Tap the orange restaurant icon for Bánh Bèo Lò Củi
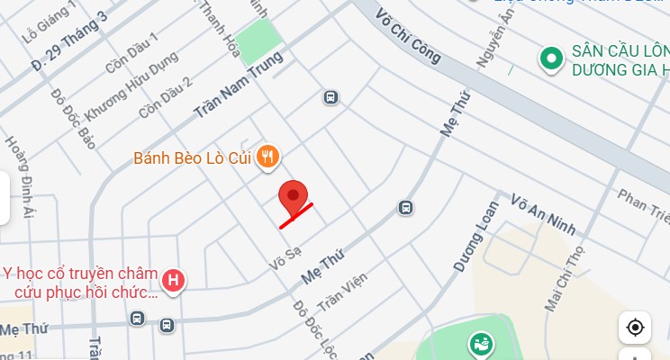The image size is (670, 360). pyautogui.click(x=267, y=158)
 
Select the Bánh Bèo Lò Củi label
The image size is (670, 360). pyautogui.click(x=193, y=158)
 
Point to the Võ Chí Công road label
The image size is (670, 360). pyautogui.click(x=410, y=42)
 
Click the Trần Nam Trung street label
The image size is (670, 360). pyautogui.click(x=239, y=86)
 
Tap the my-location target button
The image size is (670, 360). pyautogui.click(x=635, y=327)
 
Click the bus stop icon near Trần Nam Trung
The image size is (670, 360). pyautogui.click(x=331, y=96)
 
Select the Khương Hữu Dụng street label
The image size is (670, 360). pyautogui.click(x=131, y=86)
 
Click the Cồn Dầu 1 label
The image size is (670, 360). pyautogui.click(x=131, y=54)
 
